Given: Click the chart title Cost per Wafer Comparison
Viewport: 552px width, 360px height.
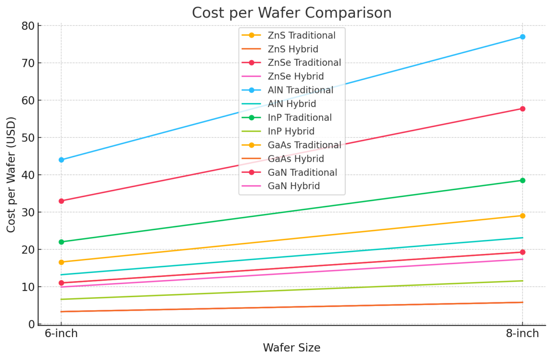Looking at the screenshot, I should [x=292, y=13].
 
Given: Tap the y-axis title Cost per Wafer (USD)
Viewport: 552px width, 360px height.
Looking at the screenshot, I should [x=11, y=174].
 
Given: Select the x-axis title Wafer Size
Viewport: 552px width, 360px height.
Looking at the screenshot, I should [x=291, y=348].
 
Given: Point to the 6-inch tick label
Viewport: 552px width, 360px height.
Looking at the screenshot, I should [x=61, y=334].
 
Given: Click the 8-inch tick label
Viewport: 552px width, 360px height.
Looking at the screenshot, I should [x=522, y=334].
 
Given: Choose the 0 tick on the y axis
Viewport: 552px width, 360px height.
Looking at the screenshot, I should [x=31, y=324].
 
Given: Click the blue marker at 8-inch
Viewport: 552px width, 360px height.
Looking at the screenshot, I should [x=522, y=37].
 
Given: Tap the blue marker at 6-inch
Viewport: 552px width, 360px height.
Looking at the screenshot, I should [x=61, y=160].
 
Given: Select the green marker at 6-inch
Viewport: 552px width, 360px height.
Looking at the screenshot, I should [x=61, y=242].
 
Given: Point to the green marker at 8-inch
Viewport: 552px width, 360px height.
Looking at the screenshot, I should [x=522, y=180].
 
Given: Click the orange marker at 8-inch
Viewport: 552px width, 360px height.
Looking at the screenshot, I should [x=522, y=216].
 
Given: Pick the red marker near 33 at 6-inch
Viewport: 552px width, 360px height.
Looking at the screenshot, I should [x=61, y=201].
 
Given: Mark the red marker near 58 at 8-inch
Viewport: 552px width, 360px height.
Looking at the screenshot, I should [x=522, y=109].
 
